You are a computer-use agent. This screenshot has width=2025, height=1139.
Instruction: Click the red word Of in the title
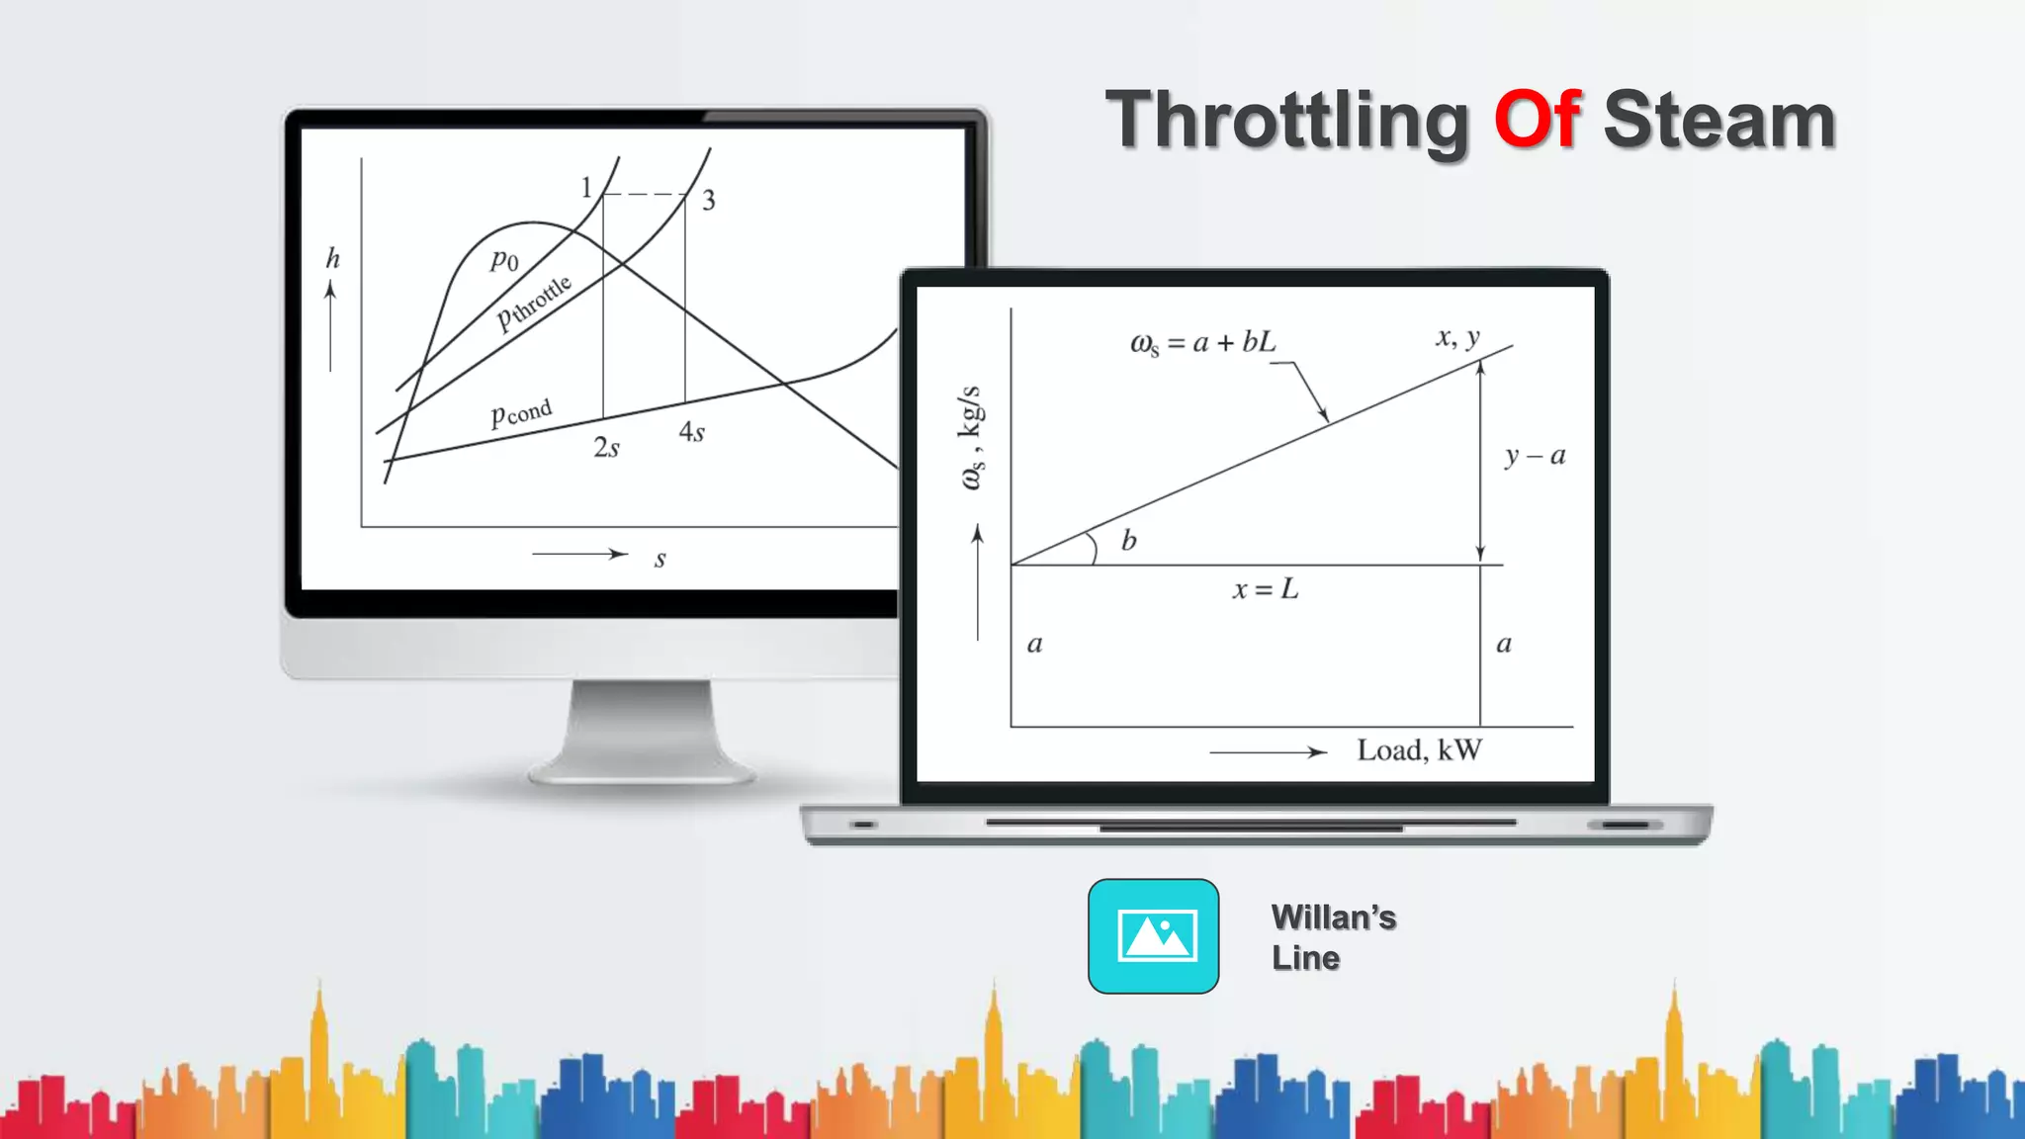coord(1538,120)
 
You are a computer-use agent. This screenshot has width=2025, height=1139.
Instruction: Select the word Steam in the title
coord(1718,120)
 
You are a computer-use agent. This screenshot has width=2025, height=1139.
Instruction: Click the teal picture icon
coord(1153,935)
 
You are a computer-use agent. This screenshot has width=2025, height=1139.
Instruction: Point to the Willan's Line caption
coord(1333,936)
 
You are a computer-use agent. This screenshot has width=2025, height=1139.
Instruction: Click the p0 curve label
coord(504,260)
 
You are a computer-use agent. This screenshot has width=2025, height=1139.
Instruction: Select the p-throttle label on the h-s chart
coord(534,302)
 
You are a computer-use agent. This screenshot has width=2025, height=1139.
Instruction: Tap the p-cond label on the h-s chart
coord(521,412)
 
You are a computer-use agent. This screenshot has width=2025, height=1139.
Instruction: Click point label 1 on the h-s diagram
coord(586,187)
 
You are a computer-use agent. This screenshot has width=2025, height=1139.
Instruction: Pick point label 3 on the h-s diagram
coord(708,201)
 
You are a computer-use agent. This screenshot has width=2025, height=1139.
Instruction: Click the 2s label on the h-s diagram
coord(606,448)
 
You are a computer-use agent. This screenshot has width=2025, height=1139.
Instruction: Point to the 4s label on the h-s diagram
coord(691,432)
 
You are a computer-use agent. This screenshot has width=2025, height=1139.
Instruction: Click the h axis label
coord(333,259)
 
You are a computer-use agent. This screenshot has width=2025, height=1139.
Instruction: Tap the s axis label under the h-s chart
coord(660,560)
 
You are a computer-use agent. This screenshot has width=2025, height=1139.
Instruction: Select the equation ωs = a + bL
coord(1202,343)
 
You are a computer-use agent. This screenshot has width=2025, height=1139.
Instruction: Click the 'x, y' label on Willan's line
coord(1457,337)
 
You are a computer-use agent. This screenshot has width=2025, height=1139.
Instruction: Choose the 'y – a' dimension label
coord(1535,456)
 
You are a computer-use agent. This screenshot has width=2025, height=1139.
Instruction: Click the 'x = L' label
coord(1265,589)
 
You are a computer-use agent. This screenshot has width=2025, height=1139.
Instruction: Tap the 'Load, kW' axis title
coord(1419,750)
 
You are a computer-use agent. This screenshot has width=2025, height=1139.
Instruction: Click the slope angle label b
coord(1128,541)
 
